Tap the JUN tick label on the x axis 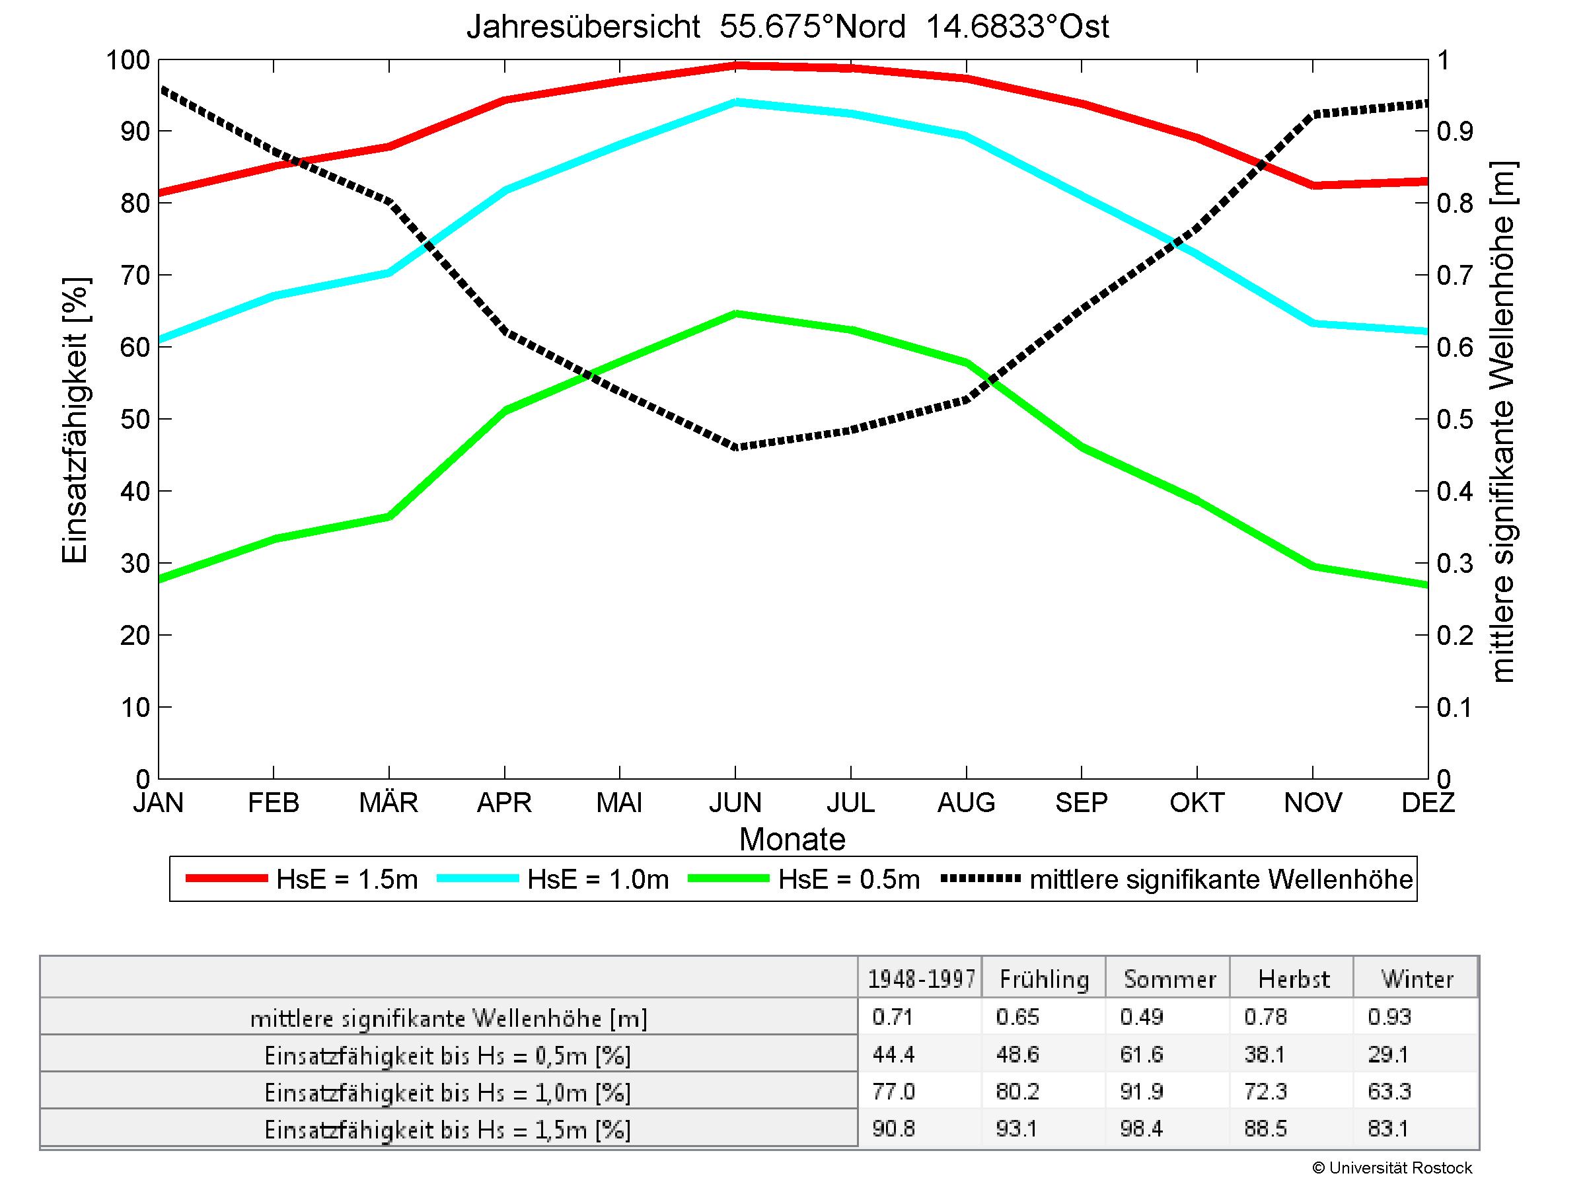[x=735, y=803]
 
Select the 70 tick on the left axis [x=135, y=275]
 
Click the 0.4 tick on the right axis [x=1454, y=492]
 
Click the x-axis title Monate [x=792, y=839]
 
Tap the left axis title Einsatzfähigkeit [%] [x=75, y=420]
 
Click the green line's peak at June [x=735, y=313]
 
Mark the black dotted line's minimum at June [x=735, y=447]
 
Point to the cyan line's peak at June [x=735, y=102]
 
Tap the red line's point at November [x=1313, y=185]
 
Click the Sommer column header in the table [x=1169, y=979]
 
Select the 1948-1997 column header [x=921, y=979]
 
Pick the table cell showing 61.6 [x=1141, y=1055]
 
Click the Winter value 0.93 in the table [x=1389, y=1017]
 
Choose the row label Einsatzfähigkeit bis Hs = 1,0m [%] [x=448, y=1092]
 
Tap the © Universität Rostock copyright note [x=1392, y=1168]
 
